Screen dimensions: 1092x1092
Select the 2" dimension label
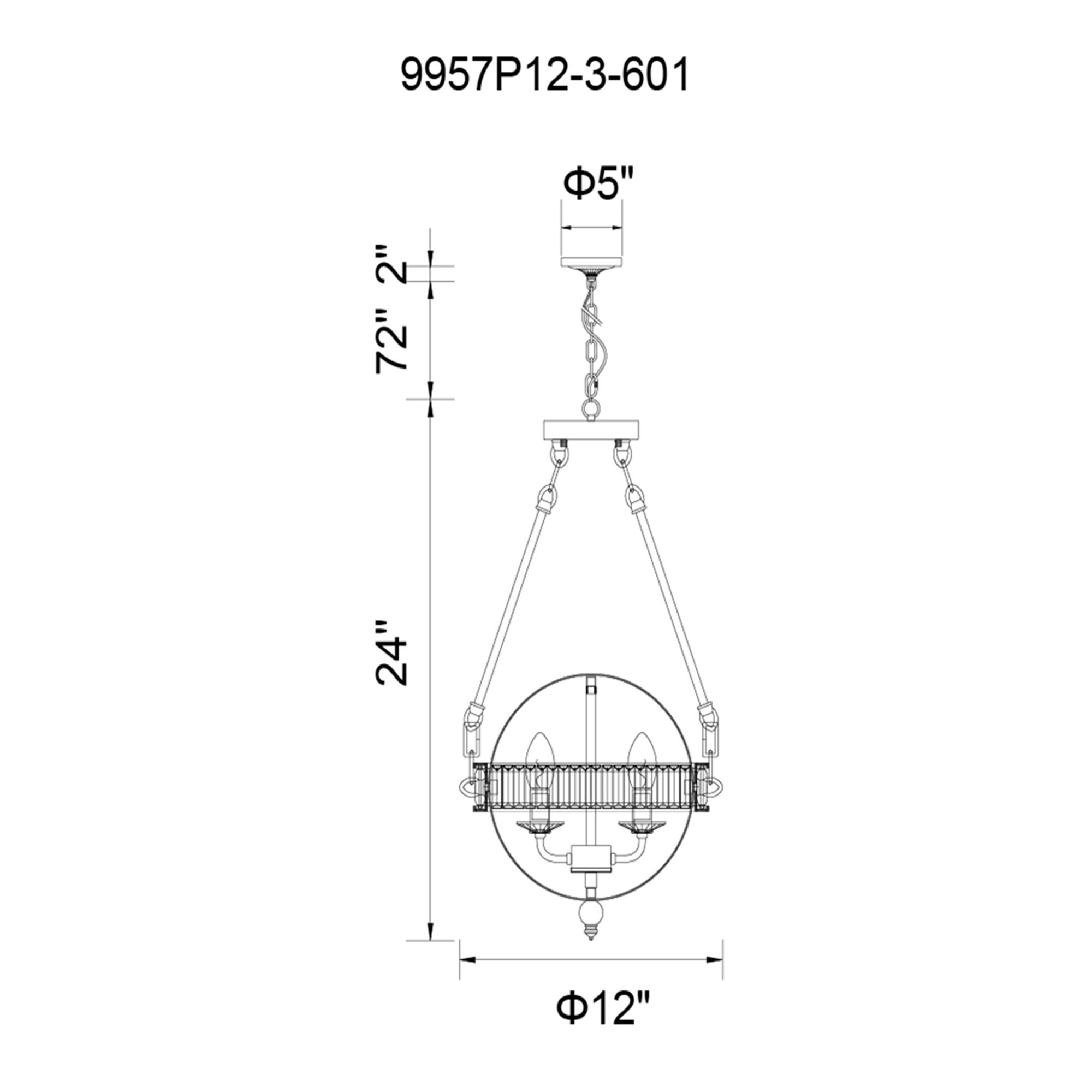click(391, 264)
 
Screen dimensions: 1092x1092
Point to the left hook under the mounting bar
click(560, 456)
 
